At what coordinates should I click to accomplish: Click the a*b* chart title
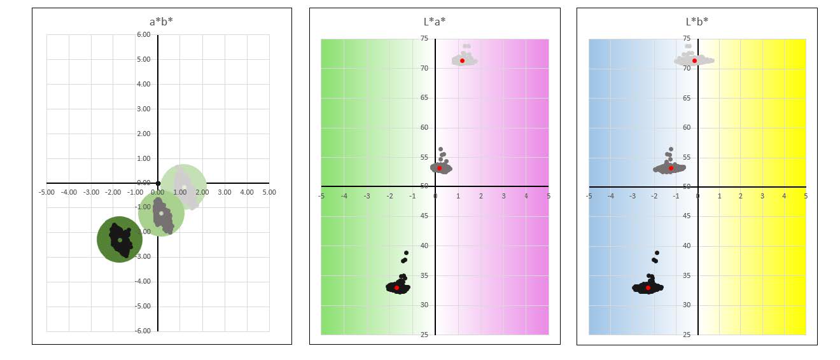click(x=161, y=22)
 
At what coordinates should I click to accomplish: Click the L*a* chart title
click(x=435, y=22)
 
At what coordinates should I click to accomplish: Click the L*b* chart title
click(x=697, y=22)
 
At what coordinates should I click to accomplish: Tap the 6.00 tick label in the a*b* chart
click(x=144, y=35)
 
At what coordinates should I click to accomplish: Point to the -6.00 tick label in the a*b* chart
click(x=143, y=331)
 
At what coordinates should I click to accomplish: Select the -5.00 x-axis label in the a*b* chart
click(x=46, y=191)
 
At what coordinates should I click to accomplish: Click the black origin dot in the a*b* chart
click(x=158, y=183)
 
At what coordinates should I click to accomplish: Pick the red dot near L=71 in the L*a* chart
click(x=462, y=60)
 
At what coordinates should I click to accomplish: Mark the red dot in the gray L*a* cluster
click(x=439, y=168)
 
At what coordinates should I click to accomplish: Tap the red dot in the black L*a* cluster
click(x=396, y=287)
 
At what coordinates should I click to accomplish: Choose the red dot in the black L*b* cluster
click(x=648, y=287)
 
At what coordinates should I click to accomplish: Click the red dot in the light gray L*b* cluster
click(x=694, y=60)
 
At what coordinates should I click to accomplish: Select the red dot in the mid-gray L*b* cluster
click(x=671, y=168)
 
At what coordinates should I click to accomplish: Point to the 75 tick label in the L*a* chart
click(x=424, y=39)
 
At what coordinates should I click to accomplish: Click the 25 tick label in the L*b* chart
click(x=687, y=335)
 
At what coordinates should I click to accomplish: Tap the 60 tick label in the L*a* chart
click(x=424, y=128)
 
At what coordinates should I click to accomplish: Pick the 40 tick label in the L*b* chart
click(x=687, y=246)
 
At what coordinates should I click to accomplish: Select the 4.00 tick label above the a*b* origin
click(x=144, y=85)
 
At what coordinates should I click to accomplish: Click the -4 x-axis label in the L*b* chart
click(x=610, y=196)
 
